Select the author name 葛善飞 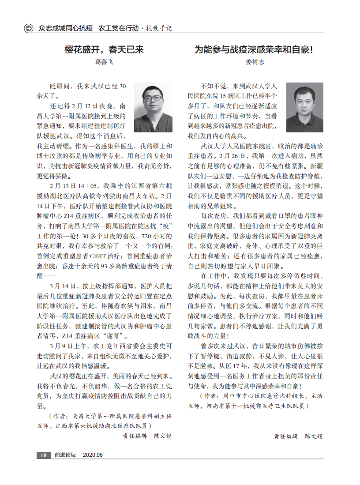(x=105, y=62)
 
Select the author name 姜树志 (x=255, y=62)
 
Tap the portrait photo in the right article (x=304, y=107)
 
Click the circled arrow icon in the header (x=28, y=28)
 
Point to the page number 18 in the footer (x=43, y=455)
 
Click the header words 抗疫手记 (x=159, y=28)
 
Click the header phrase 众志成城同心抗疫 (x=65, y=28)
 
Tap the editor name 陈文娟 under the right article (x=314, y=436)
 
